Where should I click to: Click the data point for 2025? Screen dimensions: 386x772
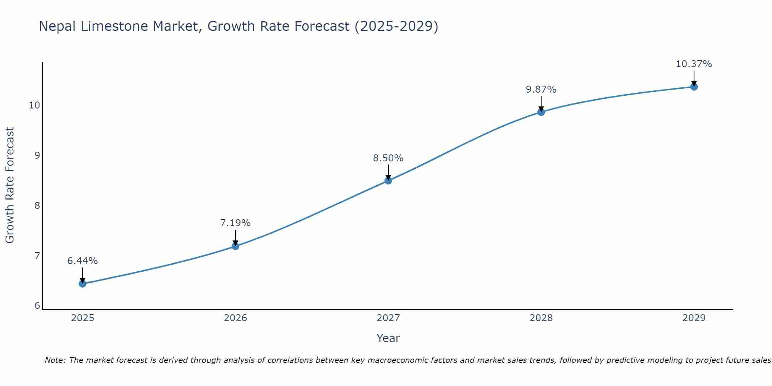(83, 284)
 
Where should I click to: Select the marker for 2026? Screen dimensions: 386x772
(235, 246)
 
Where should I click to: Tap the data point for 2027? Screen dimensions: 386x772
(388, 180)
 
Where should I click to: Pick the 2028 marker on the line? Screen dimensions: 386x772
(541, 112)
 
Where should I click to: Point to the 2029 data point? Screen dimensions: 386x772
(694, 87)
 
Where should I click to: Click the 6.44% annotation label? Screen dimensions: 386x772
(83, 261)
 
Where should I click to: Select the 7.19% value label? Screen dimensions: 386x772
(235, 223)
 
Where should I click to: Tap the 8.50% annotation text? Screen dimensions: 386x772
(388, 158)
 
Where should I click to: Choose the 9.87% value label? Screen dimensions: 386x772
(541, 90)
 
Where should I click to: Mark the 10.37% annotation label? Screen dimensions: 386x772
(694, 64)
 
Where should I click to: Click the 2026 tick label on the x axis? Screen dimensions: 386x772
(235, 318)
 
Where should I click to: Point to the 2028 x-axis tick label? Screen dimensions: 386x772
(541, 318)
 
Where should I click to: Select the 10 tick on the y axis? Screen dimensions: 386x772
(35, 105)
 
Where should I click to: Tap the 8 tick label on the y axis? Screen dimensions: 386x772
(37, 205)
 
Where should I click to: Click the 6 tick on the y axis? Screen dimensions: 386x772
(37, 306)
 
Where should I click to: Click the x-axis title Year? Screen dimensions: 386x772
(388, 338)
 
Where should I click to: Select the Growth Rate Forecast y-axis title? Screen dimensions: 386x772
(10, 185)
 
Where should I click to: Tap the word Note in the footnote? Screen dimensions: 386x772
(55, 360)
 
